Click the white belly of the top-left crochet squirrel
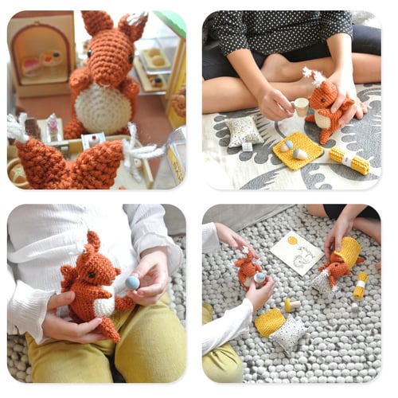103,107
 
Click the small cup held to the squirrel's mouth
301,106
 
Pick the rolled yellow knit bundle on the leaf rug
349,159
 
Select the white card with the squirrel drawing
296,253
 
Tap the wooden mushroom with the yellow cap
291,305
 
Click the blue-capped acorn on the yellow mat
300,153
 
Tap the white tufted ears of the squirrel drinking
310,76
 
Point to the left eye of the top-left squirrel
103,56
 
